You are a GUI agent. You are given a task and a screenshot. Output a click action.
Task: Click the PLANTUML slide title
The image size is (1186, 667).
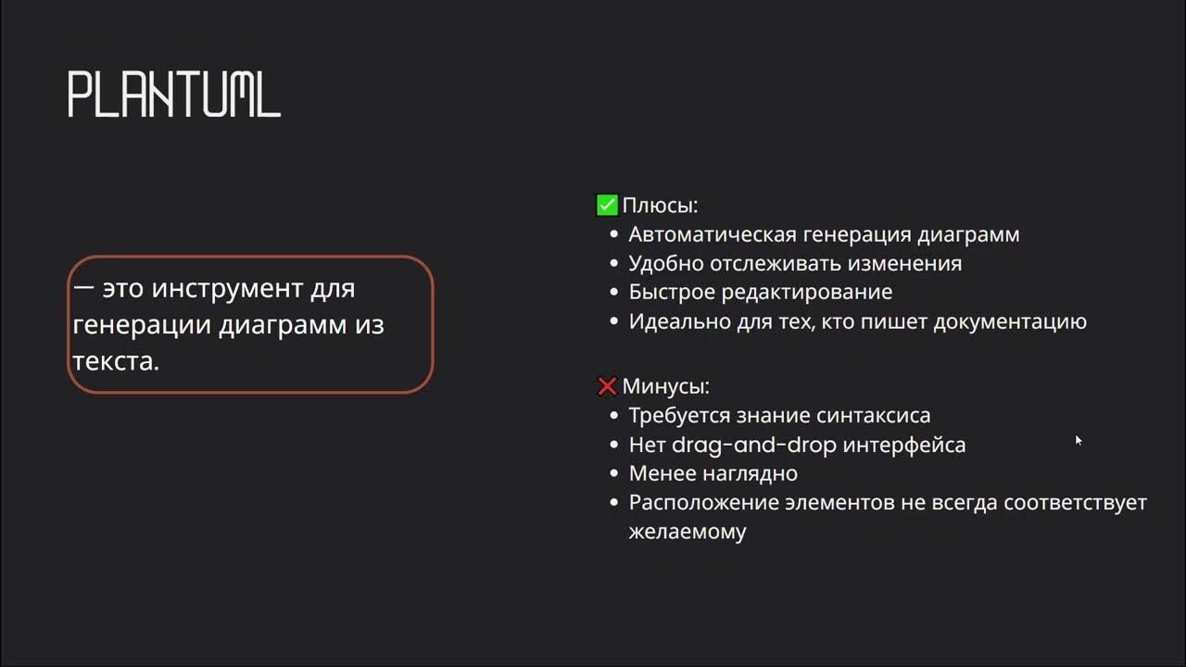tap(174, 94)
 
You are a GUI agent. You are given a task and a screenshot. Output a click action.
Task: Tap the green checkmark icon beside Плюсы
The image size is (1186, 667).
tap(607, 205)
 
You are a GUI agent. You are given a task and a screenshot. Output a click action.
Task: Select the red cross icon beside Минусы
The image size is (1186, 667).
tap(607, 386)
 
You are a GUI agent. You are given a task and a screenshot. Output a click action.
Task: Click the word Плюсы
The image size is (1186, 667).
tap(660, 205)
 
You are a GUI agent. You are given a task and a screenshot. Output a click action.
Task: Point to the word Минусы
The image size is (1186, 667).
tap(665, 386)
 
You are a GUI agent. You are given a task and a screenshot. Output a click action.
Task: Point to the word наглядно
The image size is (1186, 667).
tap(753, 473)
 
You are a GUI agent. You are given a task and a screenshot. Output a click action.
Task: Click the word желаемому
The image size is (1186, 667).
tap(688, 533)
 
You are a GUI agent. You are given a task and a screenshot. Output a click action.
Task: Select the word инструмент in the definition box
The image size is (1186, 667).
tap(227, 288)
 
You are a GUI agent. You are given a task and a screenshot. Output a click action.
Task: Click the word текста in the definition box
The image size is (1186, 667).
tap(116, 361)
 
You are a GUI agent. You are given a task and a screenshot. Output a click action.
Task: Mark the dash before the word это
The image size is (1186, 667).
tap(83, 288)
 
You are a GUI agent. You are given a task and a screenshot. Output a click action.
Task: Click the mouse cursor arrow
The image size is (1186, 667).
tap(1079, 440)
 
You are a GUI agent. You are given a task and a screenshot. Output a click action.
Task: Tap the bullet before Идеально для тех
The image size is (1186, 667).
tap(612, 321)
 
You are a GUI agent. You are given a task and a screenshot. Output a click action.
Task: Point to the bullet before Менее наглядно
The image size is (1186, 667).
tap(612, 473)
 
